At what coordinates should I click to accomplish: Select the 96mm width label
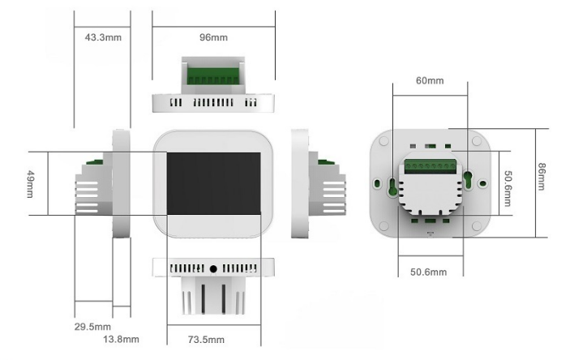pyautogui.click(x=213, y=38)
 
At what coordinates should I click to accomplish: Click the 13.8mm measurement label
pyautogui.click(x=120, y=339)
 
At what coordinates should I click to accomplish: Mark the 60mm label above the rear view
pyautogui.click(x=430, y=81)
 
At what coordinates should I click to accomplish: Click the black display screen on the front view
pyautogui.click(x=213, y=182)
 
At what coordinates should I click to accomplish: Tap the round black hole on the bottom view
pyautogui.click(x=213, y=268)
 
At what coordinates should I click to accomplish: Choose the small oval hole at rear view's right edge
pyautogui.click(x=483, y=182)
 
